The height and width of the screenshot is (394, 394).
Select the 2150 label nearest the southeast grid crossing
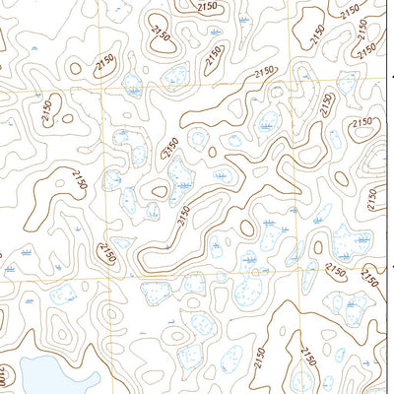[x=337, y=270]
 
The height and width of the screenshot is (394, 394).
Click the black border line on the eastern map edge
[x=392, y=197]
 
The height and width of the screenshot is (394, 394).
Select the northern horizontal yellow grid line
[x=197, y=88]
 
